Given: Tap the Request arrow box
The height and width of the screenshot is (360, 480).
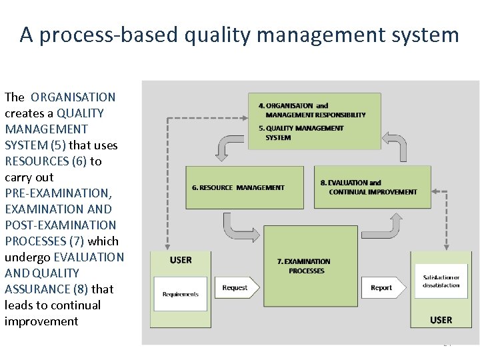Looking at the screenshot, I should pos(237,288).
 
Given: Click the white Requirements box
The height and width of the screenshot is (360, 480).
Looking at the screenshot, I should pos(180,294).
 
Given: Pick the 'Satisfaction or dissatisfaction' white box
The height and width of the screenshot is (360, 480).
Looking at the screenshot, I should pos(441,281).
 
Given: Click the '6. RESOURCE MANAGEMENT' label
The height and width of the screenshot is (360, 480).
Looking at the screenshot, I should pos(238,187).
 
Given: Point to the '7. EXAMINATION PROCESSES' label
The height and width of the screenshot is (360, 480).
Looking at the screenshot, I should pos(303,266).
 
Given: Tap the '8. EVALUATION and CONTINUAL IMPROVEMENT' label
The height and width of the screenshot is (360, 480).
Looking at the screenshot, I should pos(369,187).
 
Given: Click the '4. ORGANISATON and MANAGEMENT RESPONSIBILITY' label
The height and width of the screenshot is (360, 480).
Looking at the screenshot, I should pos(311,110).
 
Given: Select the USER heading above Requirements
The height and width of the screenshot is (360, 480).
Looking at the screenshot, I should pos(181,260).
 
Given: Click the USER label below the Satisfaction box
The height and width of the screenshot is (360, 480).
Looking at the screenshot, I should pos(441,320).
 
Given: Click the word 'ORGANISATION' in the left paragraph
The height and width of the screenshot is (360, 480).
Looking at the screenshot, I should pos(73,97).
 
